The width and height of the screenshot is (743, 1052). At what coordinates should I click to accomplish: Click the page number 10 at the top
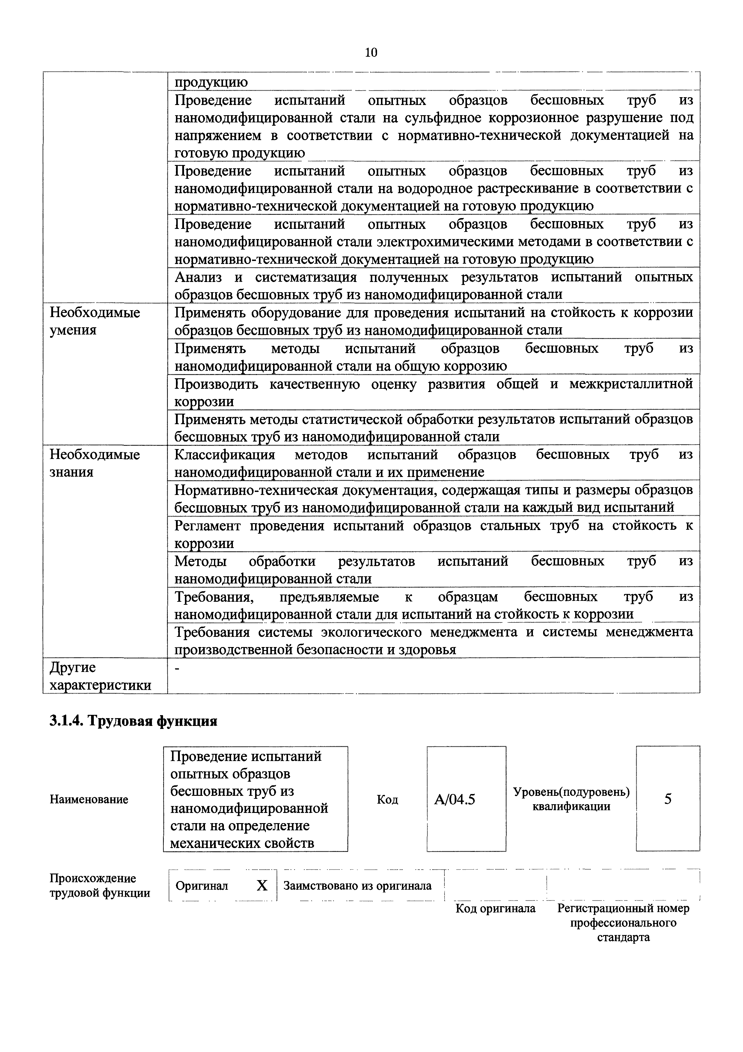[x=371, y=53]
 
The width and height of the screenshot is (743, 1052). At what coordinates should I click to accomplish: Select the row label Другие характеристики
[x=100, y=676]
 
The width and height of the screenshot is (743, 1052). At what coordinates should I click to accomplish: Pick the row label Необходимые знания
[x=95, y=463]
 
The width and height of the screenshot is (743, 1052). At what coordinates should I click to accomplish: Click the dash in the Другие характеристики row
[x=178, y=669]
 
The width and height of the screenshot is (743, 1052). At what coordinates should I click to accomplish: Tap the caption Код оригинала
[x=495, y=908]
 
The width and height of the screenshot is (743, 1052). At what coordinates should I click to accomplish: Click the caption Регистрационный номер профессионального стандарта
[x=623, y=922]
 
